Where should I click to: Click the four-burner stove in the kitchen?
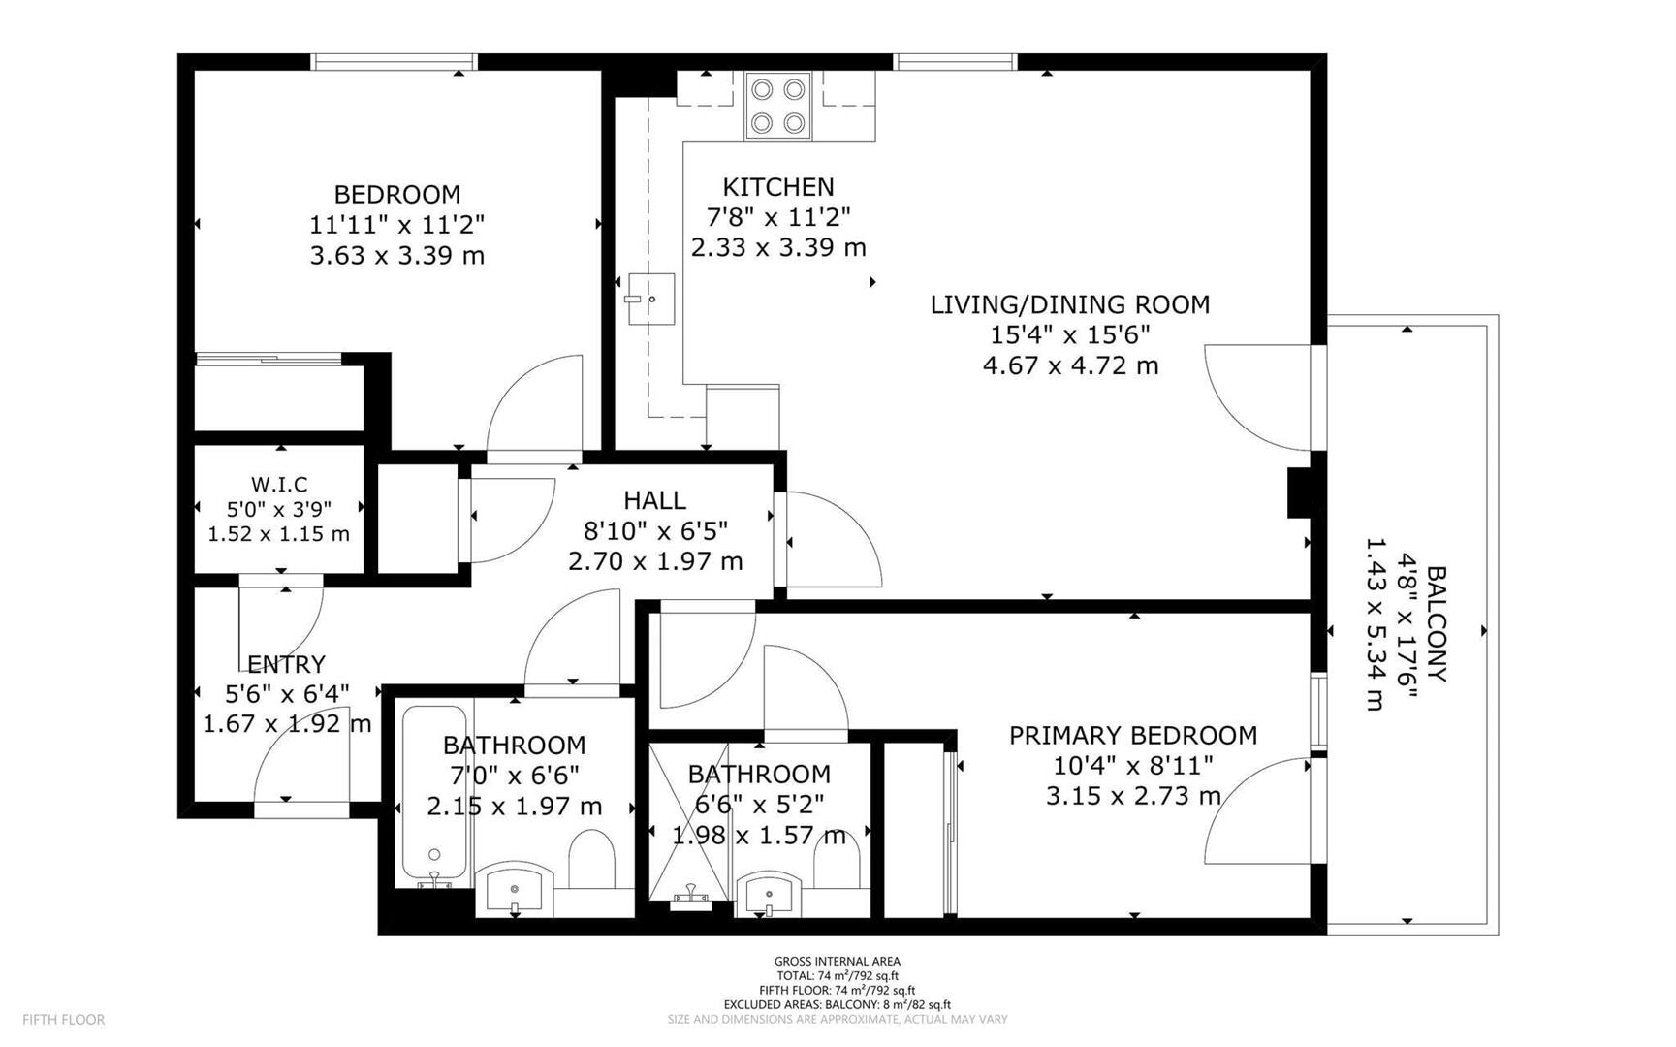[x=778, y=107]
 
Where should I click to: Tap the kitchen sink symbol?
[x=650, y=299]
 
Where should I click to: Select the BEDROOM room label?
[x=397, y=194]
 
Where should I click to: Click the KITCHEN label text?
[x=778, y=186]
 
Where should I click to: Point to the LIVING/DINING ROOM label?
[x=1070, y=304]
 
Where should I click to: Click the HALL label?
[x=655, y=500]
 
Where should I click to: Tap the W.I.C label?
[x=279, y=484]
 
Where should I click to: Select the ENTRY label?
[x=286, y=664]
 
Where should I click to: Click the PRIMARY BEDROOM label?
[x=1133, y=736]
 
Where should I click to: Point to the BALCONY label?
[x=1437, y=624]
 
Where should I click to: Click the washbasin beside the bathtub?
[x=515, y=888]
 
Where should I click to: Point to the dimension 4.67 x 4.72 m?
[x=1070, y=365]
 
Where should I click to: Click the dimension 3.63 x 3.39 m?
[x=397, y=256]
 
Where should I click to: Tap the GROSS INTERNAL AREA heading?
[x=838, y=962]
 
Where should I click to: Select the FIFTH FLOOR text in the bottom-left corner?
[x=64, y=1020]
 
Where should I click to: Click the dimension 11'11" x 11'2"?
[x=397, y=225]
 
